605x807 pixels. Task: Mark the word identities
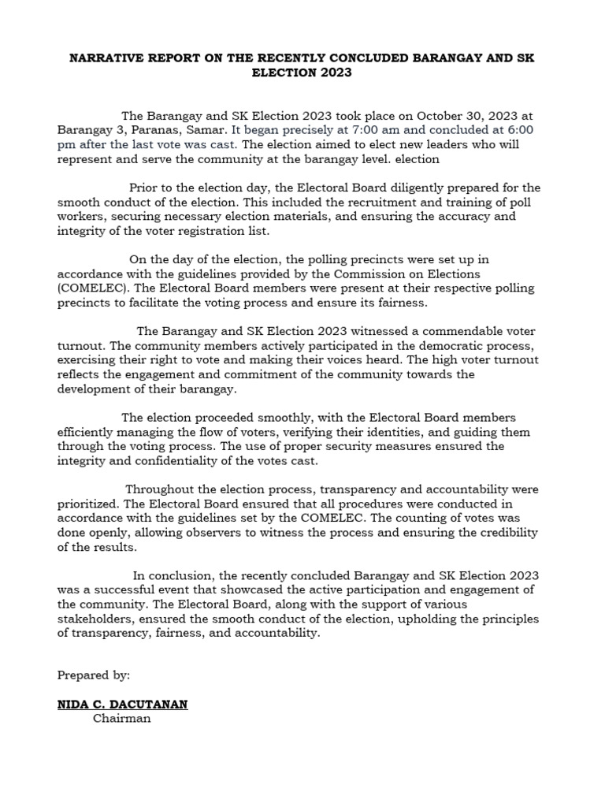point(403,432)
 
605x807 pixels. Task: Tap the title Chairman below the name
point(121,719)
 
